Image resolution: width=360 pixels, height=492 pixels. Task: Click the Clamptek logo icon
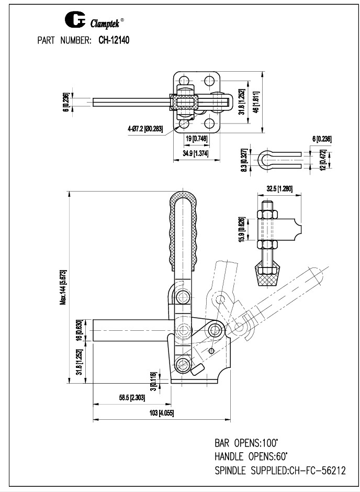pos(72,21)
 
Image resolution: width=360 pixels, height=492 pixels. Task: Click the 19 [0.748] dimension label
pos(195,138)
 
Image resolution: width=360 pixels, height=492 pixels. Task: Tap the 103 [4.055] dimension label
pos(161,413)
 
